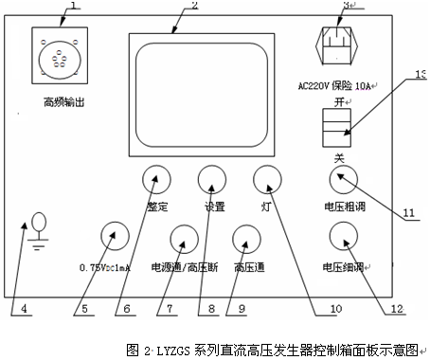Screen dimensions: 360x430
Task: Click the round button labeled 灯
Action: pyautogui.click(x=268, y=180)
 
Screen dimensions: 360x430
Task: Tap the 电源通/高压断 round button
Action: pyautogui.click(x=184, y=238)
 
